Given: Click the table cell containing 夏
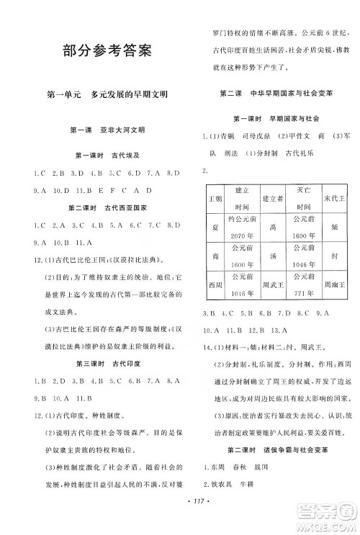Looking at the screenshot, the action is [213, 225].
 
